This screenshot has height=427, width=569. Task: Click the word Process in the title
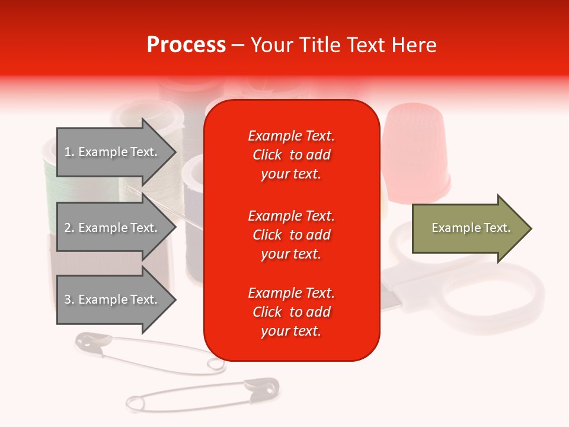tap(186, 45)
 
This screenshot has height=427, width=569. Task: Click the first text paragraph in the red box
tap(291, 155)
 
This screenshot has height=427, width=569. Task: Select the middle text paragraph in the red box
tap(291, 235)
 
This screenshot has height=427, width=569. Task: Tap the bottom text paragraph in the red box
tap(291, 312)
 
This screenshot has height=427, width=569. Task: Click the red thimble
tap(413, 148)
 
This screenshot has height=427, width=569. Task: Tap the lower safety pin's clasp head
tap(263, 387)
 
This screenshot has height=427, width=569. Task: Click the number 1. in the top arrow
tap(69, 152)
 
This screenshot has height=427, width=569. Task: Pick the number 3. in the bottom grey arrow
tap(69, 299)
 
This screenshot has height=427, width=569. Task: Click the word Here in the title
tap(415, 45)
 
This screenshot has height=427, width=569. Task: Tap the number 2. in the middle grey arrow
tap(69, 228)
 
